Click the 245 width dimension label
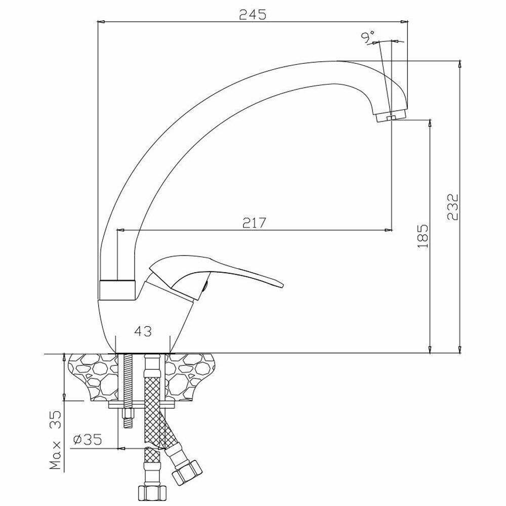click(252, 15)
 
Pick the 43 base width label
click(143, 331)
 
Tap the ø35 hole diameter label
click(87, 439)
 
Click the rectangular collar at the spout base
click(117, 289)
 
